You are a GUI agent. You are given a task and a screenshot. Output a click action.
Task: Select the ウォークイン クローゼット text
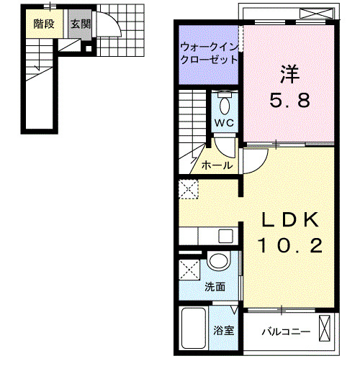click(209, 54)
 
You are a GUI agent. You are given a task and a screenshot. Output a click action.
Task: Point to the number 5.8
click(289, 100)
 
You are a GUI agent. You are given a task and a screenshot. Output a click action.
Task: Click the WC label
click(225, 122)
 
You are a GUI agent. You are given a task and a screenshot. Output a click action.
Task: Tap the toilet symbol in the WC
click(225, 104)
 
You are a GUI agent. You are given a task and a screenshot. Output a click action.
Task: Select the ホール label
click(217, 165)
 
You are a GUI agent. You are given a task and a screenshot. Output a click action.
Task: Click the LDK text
click(289, 220)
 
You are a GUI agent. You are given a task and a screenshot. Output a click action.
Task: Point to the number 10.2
click(289, 247)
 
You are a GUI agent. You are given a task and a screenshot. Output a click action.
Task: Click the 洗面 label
click(215, 286)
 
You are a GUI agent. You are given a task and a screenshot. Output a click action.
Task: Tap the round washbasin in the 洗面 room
click(217, 261)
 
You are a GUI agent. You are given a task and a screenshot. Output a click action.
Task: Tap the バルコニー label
click(285, 332)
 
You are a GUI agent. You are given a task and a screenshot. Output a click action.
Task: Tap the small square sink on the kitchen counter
click(226, 236)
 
